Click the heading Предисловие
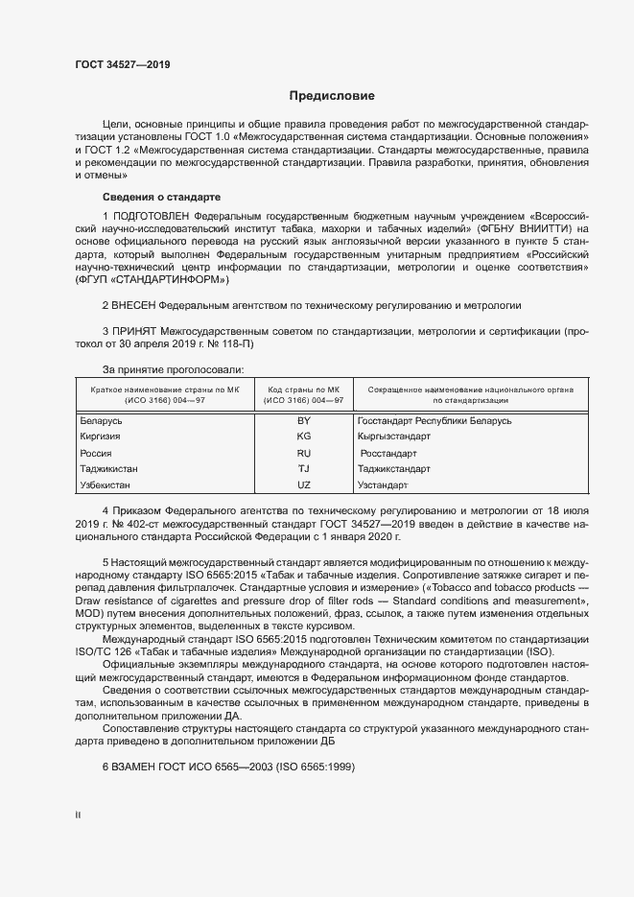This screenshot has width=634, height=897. [332, 96]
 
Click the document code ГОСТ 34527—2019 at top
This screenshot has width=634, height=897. [123, 64]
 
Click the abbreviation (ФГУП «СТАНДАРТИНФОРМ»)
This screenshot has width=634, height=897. [153, 279]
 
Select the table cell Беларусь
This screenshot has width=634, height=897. [102, 420]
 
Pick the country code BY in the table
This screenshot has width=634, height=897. [304, 420]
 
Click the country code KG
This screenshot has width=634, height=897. [304, 437]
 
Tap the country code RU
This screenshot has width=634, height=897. [304, 453]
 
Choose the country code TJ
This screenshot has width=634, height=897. [304, 469]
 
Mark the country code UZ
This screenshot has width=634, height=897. [304, 485]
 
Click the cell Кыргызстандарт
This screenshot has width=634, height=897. [393, 437]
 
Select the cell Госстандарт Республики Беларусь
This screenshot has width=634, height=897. [434, 420]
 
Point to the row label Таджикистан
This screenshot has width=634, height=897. [109, 469]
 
